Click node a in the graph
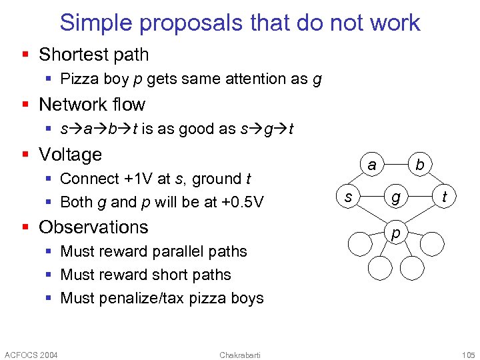372,165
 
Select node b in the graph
419,165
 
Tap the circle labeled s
348,197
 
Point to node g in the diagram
396,197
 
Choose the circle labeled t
444,197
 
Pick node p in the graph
396,233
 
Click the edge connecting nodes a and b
396,165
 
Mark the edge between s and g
372,197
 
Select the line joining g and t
420,197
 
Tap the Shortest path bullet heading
94,55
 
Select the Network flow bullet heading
92,105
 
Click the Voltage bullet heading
71,155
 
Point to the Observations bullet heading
93,227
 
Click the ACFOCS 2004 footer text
31,354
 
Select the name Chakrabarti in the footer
240,354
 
